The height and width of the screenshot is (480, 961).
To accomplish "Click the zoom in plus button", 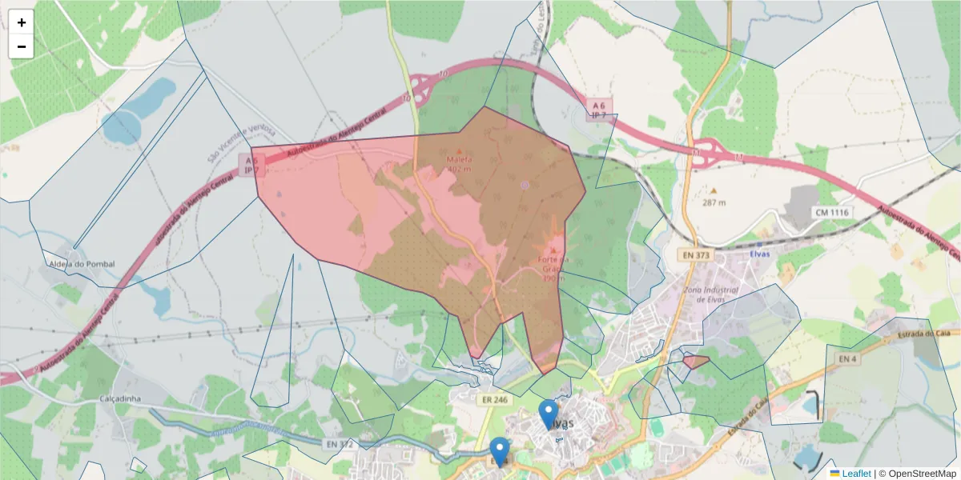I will (22, 22).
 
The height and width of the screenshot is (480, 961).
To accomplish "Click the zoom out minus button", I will (22, 46).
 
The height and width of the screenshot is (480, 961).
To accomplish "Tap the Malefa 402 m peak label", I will (459, 164).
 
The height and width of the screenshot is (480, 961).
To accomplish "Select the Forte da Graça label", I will (553, 264).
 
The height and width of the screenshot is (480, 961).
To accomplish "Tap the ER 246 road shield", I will (496, 398).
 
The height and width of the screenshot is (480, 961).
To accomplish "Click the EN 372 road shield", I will (340, 443).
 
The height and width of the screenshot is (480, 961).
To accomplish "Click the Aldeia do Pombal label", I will (81, 264).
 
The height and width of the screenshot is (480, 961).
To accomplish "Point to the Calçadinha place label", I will (121, 398).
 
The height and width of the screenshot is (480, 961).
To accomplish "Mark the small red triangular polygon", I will (695, 362).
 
